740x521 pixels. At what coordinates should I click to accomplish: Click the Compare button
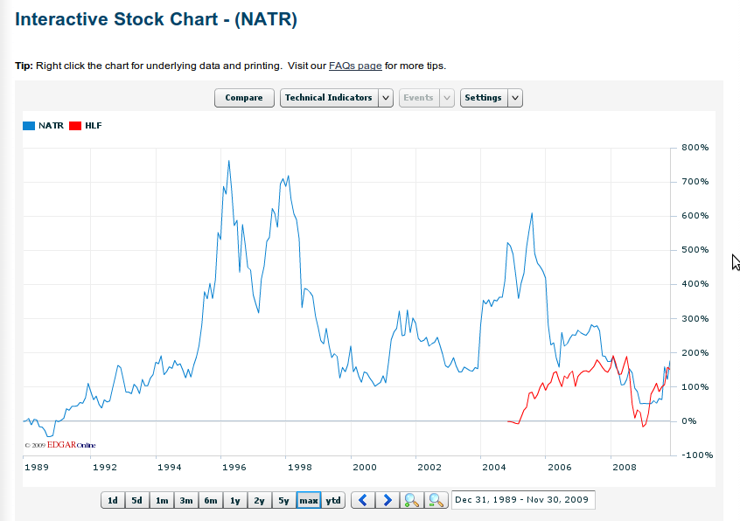pos(244,98)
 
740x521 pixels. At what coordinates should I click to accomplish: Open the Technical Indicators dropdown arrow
pos(386,98)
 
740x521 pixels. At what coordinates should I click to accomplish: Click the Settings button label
pos(484,98)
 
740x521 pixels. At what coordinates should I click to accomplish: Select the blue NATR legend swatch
pos(29,126)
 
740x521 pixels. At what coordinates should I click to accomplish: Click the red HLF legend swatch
pos(75,126)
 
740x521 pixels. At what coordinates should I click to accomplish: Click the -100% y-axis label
pos(697,455)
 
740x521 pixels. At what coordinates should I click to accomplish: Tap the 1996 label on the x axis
pos(234,468)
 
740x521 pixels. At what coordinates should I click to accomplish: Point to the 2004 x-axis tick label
pos(493,468)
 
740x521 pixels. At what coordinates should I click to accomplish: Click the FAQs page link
pos(355,66)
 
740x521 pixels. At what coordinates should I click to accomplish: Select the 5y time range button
pos(283,500)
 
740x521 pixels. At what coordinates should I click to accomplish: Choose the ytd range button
pos(333,500)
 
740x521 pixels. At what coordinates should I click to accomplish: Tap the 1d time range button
pos(113,500)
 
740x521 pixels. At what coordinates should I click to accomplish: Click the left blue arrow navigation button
pos(363,500)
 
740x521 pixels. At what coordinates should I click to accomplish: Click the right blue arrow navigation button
pos(387,500)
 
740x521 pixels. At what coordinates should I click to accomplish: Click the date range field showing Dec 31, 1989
pos(523,500)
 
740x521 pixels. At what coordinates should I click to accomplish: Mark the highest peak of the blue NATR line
pos(229,161)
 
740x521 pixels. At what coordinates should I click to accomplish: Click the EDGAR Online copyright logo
pos(60,445)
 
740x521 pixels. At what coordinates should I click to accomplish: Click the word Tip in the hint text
pos(24,66)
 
